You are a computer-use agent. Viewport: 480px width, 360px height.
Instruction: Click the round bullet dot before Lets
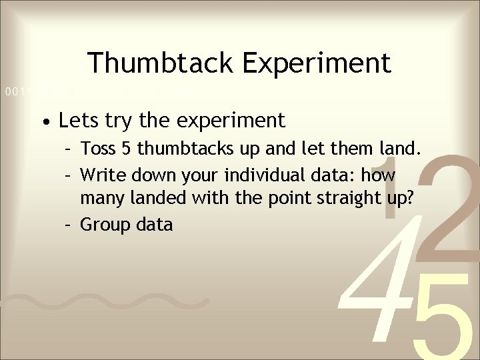point(44,123)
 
